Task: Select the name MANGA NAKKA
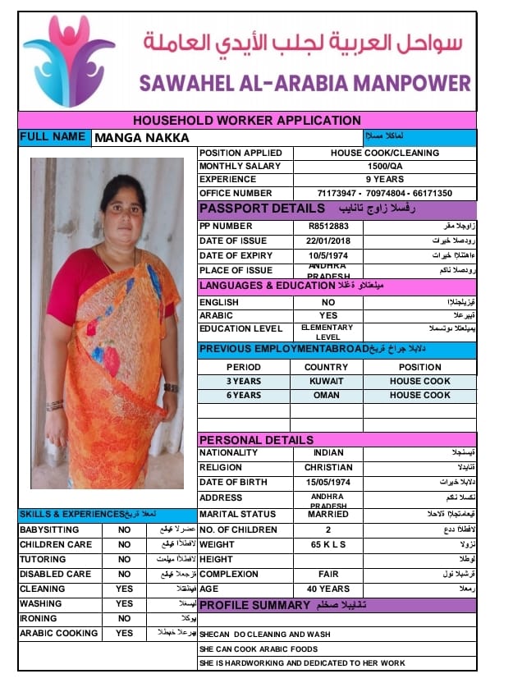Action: coord(142,138)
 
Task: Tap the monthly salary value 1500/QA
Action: coord(384,166)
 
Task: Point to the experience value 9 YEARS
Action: coord(384,179)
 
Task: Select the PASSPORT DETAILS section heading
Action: coord(262,209)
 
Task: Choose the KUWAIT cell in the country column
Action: coord(326,381)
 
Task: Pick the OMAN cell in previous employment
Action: coord(326,395)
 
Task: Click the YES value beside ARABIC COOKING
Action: coord(124,633)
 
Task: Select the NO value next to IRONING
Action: coord(124,618)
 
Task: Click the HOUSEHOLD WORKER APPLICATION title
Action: coord(247,120)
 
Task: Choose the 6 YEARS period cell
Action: coord(244,395)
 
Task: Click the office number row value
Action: coord(384,193)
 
